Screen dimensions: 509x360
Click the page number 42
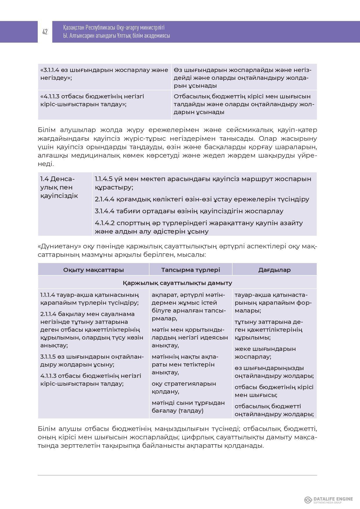pyautogui.click(x=45, y=32)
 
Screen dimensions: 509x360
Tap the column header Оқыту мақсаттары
pyautogui.click(x=93, y=270)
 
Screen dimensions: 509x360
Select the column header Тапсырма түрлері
pyautogui.click(x=191, y=270)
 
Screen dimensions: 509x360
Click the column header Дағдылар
pyautogui.click(x=274, y=270)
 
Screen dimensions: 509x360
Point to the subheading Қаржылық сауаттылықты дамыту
pyautogui.click(x=177, y=283)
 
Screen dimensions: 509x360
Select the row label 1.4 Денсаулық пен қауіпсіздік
pyautogui.click(x=59, y=187)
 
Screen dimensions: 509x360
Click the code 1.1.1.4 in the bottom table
pyautogui.click(x=48, y=295)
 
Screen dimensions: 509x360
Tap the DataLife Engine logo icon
pyautogui.click(x=308, y=500)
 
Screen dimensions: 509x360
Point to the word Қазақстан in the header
pyautogui.click(x=73, y=28)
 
